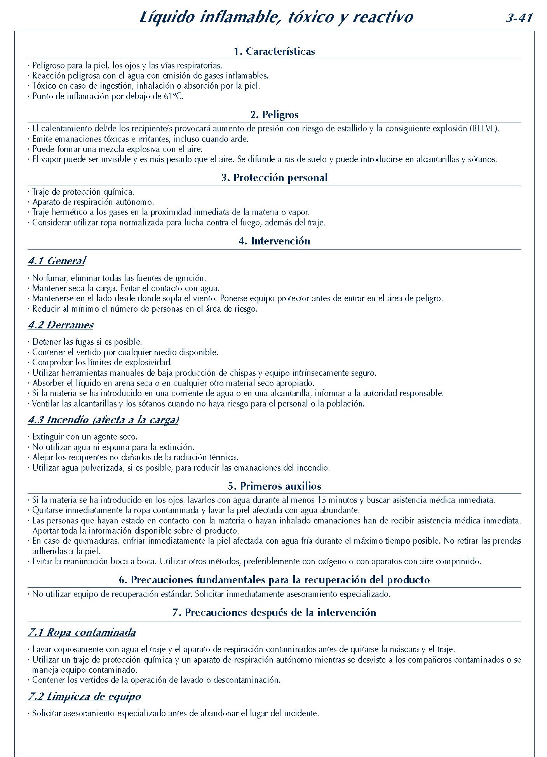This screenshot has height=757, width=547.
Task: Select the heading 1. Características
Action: click(274, 51)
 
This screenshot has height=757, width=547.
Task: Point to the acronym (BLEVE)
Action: click(484, 129)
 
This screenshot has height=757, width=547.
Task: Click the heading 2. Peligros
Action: click(274, 115)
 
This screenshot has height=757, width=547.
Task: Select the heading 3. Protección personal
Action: click(274, 178)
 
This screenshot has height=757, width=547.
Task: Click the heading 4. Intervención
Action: click(274, 241)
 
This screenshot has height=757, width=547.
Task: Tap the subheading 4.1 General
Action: click(57, 261)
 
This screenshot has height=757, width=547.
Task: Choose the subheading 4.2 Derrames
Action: click(61, 325)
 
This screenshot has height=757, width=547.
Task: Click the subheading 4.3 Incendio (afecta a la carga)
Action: click(103, 420)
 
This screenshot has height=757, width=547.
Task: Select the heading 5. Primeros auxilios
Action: click(274, 486)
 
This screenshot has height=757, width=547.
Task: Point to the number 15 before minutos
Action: click(322, 500)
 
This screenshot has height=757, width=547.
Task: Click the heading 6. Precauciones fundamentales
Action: click(274, 580)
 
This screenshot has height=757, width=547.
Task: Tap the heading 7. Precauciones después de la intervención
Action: click(274, 612)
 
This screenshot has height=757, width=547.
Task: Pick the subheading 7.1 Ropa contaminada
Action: click(82, 632)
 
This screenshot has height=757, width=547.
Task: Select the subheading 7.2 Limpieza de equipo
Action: click(84, 696)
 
